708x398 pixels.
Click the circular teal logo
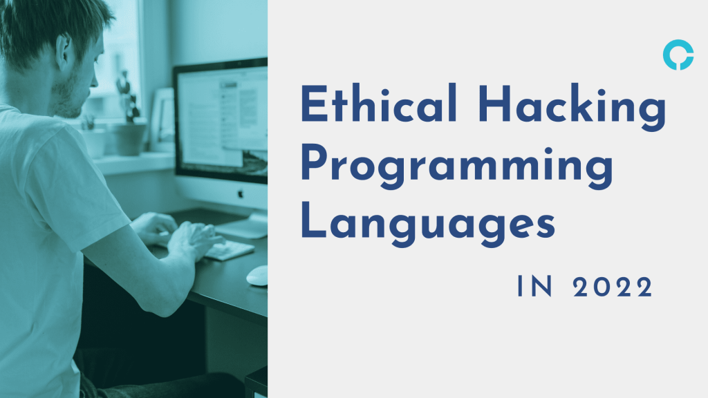(x=678, y=56)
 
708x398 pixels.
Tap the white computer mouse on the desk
(x=257, y=275)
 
